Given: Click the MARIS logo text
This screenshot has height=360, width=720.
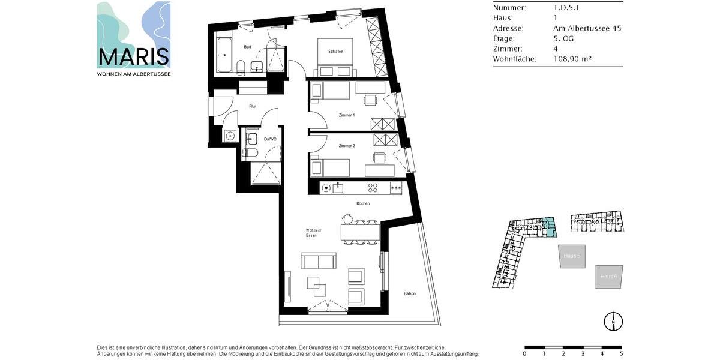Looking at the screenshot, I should pos(134,56).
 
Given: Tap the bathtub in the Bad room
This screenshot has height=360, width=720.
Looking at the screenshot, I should pos(224,55).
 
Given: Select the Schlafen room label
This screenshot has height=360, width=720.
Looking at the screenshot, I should pos(335,52).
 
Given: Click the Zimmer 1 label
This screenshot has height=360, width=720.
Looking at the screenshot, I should pos(346,115).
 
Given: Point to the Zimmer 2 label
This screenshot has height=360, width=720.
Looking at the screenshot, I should pos(346,146).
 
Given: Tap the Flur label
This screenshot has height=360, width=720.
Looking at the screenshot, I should pos(253,107).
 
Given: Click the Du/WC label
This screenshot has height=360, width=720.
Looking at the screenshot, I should pos(270,139).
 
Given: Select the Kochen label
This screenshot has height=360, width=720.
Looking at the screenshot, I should pos(363,203).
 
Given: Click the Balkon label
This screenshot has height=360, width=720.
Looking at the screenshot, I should pos(410,293).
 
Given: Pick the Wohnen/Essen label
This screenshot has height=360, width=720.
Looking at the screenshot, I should pos(313,233).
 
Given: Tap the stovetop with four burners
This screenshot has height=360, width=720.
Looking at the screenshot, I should pos(372,188).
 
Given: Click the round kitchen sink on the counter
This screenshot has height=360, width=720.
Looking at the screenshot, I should pos(326,188).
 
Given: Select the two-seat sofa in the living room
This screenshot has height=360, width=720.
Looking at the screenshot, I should pos(319,261).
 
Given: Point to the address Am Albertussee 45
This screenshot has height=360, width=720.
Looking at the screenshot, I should pos(587,28).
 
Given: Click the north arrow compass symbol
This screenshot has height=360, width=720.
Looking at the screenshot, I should pos(613,322).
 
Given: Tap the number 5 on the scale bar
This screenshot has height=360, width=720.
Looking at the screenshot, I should pos(621,354).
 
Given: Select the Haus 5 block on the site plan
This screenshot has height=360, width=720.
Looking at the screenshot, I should pos(572,256).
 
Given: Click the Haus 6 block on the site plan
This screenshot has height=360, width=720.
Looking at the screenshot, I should pos(609,277).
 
